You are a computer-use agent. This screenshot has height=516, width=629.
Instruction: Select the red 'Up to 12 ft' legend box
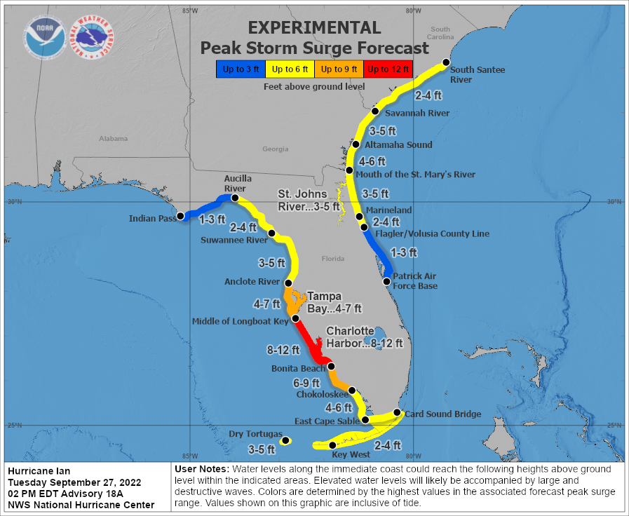click(388, 69)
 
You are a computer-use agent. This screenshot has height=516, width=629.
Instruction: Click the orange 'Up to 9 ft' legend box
click(339, 69)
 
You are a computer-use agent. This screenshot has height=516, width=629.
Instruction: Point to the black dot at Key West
click(332, 444)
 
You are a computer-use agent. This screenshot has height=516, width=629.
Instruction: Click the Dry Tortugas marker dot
click(285, 441)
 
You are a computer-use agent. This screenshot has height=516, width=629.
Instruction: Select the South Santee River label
click(477, 74)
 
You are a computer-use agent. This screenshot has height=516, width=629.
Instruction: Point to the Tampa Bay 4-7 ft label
click(335, 302)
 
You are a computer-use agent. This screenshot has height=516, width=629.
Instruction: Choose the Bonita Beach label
click(298, 368)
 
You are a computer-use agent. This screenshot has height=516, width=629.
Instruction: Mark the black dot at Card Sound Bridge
click(397, 412)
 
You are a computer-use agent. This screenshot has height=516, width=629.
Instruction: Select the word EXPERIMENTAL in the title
click(314, 27)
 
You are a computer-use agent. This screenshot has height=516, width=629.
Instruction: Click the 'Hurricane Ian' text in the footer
click(39, 470)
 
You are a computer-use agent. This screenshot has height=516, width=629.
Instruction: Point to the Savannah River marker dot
click(375, 111)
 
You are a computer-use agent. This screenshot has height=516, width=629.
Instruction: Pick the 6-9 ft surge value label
click(306, 383)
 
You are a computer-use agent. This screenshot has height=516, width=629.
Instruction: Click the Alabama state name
click(113, 139)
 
